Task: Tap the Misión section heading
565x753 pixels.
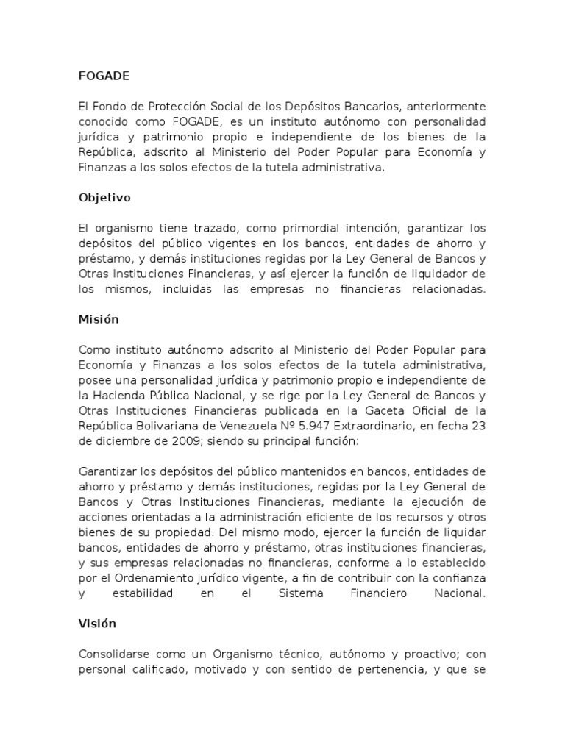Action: [98, 320]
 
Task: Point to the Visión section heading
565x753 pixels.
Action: [97, 623]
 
